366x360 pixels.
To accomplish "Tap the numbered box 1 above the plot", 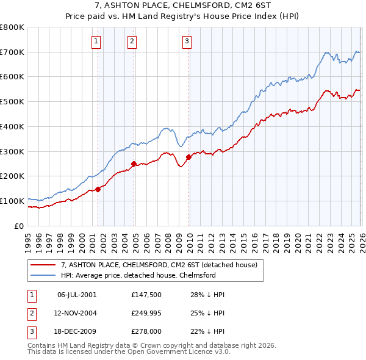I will coord(97,41).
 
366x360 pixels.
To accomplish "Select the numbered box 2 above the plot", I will coord(132,41).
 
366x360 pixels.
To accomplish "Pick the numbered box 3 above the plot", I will coord(186,41).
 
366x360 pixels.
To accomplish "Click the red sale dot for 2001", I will coord(98,189).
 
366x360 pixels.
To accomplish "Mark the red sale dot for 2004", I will coord(134,164).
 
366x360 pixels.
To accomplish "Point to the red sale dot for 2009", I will coord(188,157).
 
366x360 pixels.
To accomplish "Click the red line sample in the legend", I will coord(43,265).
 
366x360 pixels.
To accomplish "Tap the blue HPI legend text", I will coord(138,275).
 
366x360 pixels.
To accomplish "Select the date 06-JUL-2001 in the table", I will coord(76,295).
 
